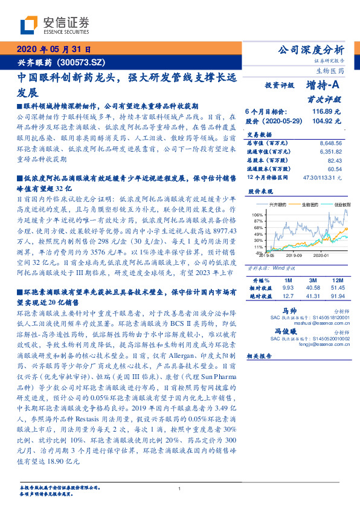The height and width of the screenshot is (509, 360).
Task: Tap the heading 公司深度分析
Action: [309, 50]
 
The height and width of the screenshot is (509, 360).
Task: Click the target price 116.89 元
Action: [326, 111]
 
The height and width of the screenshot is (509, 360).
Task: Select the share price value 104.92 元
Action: [326, 120]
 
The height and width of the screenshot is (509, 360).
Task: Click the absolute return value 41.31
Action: [312, 296]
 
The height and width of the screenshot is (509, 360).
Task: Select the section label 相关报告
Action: [260, 356]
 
